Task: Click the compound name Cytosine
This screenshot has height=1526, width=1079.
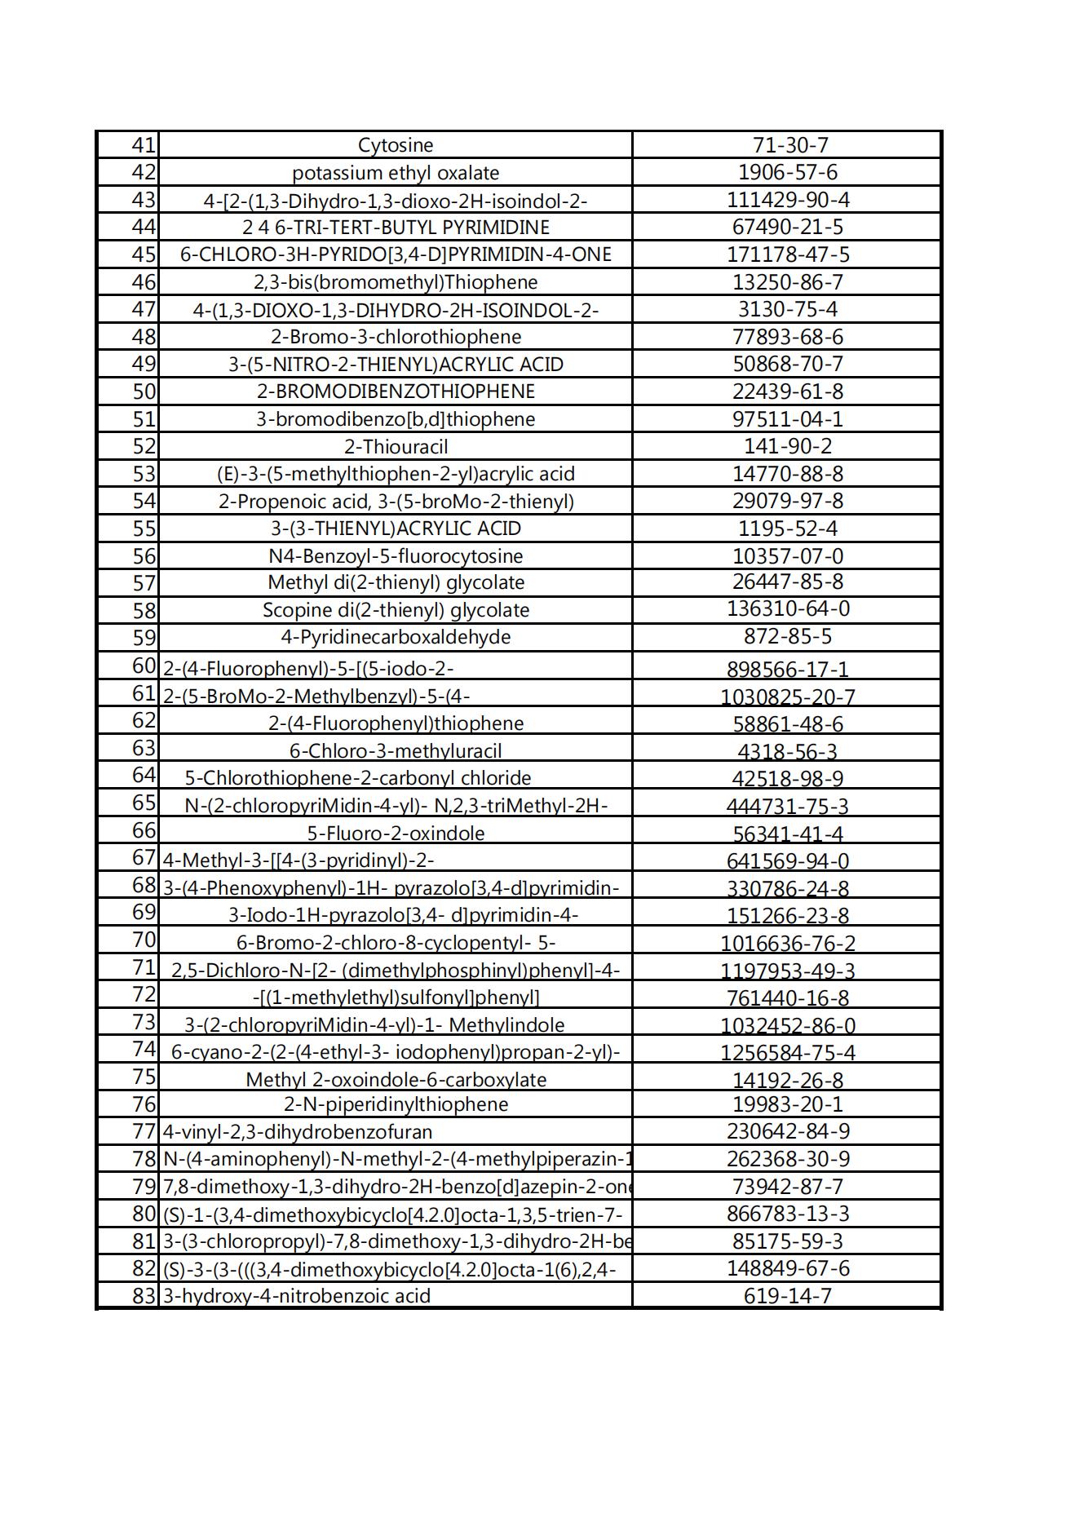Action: coord(396,145)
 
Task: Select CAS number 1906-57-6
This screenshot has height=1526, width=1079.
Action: coord(787,172)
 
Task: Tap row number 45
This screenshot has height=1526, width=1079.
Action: coord(144,254)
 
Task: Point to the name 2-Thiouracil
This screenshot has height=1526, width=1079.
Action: coord(396,447)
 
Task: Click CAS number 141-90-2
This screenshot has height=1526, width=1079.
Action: coord(787,446)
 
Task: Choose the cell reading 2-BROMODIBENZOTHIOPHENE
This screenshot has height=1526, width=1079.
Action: coord(396,391)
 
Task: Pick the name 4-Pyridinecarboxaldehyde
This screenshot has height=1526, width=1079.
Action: coord(396,637)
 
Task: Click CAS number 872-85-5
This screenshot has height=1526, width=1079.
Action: coord(787,636)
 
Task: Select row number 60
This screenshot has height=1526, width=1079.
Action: coord(144,666)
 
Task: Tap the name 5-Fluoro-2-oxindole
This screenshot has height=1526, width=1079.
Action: coord(396,834)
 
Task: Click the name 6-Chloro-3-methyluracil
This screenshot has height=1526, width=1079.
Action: coord(396,751)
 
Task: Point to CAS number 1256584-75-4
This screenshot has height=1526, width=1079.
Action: coord(787,1053)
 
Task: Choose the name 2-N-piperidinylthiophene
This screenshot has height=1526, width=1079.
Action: coord(396,1104)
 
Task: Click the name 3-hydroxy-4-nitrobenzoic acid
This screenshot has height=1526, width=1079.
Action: coord(297,1296)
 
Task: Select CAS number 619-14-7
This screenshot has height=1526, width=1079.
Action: coord(787,1296)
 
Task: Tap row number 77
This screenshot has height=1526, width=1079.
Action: coord(144,1131)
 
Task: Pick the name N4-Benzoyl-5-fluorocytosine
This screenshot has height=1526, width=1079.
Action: coord(396,556)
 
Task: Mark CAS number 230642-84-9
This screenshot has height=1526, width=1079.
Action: coord(787,1131)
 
